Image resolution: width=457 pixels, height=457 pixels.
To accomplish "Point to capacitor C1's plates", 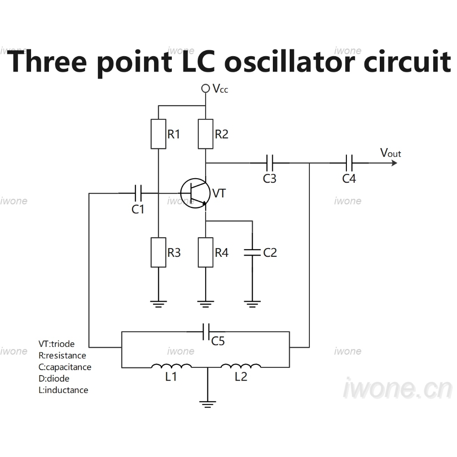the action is (138, 193).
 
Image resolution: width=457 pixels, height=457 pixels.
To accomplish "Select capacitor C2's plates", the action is (252, 252).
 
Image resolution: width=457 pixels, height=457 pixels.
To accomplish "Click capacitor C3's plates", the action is (270, 163).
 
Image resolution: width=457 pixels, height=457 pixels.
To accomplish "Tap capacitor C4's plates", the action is (349, 163).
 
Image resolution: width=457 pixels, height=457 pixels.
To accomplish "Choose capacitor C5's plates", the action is (206, 332).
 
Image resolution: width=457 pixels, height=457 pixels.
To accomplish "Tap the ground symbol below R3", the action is (158, 304).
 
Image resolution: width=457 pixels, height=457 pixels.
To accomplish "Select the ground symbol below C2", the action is (252, 304).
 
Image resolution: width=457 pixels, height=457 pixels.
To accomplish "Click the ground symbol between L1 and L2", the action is (207, 404).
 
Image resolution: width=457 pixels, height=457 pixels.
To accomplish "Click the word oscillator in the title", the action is (289, 62).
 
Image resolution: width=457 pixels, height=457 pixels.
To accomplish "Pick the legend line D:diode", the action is (54, 378).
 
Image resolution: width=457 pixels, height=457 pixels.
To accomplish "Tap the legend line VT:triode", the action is (57, 344).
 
